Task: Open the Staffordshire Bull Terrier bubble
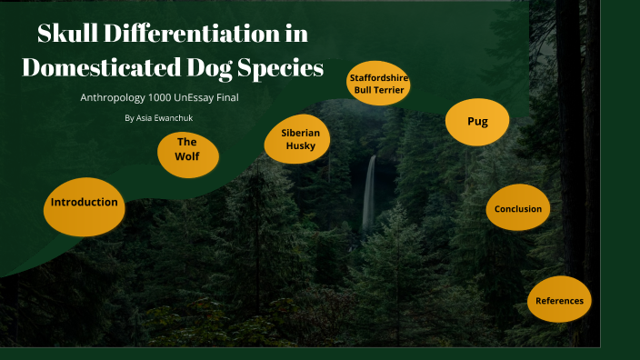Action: pyautogui.click(x=379, y=85)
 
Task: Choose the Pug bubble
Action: pyautogui.click(x=477, y=122)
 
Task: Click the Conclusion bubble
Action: pyautogui.click(x=518, y=209)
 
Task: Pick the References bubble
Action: pyautogui.click(x=559, y=300)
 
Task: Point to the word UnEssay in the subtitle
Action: pyautogui.click(x=203, y=97)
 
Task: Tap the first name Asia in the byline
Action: pyautogui.click(x=145, y=118)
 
